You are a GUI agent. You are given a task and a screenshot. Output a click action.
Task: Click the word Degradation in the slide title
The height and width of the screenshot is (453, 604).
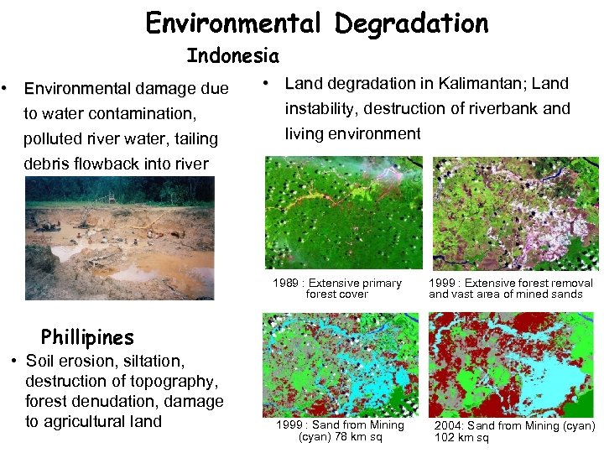pyautogui.click(x=411, y=23)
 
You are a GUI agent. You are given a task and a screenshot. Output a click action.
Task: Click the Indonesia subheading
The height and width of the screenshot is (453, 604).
pyautogui.click(x=232, y=56)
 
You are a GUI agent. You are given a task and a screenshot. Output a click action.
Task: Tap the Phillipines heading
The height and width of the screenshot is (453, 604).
pyautogui.click(x=87, y=337)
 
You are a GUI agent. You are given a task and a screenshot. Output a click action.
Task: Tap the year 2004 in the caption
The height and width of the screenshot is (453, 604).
pyautogui.click(x=448, y=426)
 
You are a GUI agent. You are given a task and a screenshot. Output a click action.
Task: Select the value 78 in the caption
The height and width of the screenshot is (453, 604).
pyautogui.click(x=341, y=437)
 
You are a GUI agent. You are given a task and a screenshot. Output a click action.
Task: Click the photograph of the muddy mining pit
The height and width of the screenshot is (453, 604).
pyautogui.click(x=119, y=238)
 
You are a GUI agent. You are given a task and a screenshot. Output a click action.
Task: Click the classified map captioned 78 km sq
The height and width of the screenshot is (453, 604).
pyautogui.click(x=341, y=362)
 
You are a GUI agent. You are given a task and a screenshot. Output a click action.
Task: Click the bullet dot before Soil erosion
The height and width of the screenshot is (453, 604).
pyautogui.click(x=15, y=362)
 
